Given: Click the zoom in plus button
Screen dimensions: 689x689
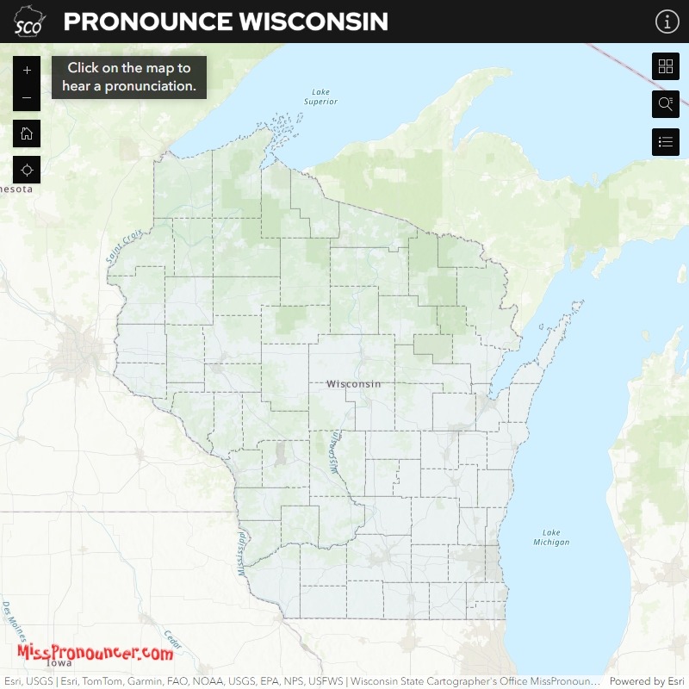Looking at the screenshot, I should coord(27,70).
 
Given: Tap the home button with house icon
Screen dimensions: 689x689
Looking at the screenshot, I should coord(27,133).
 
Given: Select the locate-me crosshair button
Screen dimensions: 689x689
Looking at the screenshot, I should coord(27,170).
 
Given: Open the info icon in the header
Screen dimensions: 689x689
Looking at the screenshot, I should coord(667,22).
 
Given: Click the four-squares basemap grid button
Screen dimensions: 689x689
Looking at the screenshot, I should coord(665,66).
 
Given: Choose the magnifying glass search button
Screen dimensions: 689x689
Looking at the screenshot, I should coord(665,104).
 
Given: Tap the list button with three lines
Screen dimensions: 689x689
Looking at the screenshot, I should coord(665,142).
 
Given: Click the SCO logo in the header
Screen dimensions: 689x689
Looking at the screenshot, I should coord(29,22).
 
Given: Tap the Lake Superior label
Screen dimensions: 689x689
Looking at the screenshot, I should coord(320,96).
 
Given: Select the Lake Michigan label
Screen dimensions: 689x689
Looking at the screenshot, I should coord(551,537).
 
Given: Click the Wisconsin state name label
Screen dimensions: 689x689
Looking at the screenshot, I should coord(353,384).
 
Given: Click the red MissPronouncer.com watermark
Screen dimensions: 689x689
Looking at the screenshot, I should coord(95,653).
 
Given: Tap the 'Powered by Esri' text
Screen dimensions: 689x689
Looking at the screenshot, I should coord(647,681).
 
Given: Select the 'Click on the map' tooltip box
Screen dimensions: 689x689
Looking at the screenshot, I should coord(129,78).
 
